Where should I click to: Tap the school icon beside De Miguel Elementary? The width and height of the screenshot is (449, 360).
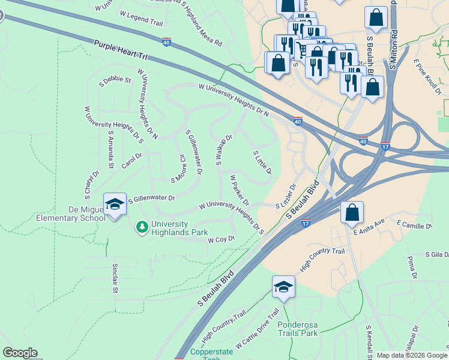point(115,205)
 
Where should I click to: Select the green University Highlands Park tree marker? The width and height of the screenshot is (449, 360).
point(142,227)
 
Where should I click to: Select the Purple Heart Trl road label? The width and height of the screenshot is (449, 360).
point(121,49)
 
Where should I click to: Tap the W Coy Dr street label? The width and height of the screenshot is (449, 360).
point(220,239)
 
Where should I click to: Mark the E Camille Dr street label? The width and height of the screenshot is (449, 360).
point(414,225)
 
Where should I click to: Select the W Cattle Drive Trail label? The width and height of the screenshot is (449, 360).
point(258,330)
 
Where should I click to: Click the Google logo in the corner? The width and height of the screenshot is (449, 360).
point(20,353)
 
